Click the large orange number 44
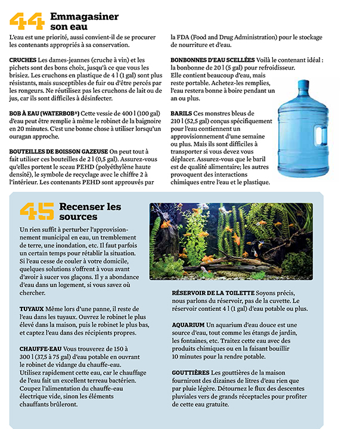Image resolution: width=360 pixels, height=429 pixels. click(27, 22)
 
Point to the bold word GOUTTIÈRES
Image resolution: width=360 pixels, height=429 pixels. click(191, 372)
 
